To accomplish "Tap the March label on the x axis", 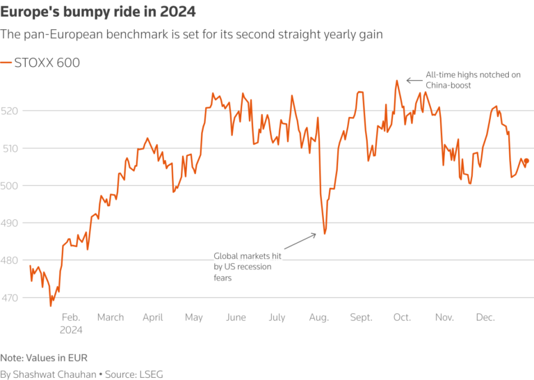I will (111, 317).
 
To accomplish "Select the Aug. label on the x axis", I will (319, 317).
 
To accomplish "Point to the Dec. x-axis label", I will (485, 317).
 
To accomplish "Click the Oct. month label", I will (402, 317).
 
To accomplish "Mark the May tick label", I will (194, 317).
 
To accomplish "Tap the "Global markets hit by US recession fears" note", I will (243, 267).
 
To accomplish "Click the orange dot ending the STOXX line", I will (526, 161).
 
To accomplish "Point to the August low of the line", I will (325, 234).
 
